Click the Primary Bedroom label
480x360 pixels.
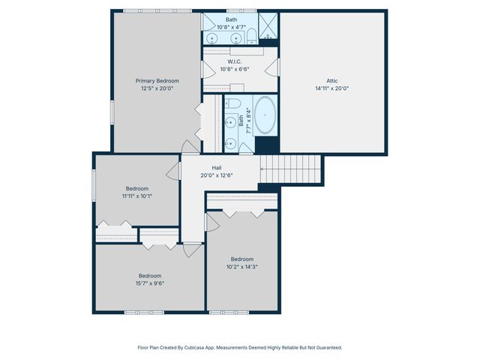157,80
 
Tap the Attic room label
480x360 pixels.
332,80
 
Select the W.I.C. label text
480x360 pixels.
234,61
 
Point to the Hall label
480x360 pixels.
216,168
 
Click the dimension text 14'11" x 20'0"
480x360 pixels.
332,88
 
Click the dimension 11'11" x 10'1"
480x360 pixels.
137,196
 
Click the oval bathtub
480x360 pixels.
265,118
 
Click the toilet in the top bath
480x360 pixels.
252,34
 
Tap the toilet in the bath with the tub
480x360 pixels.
232,103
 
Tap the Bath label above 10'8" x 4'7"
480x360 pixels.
231,20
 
